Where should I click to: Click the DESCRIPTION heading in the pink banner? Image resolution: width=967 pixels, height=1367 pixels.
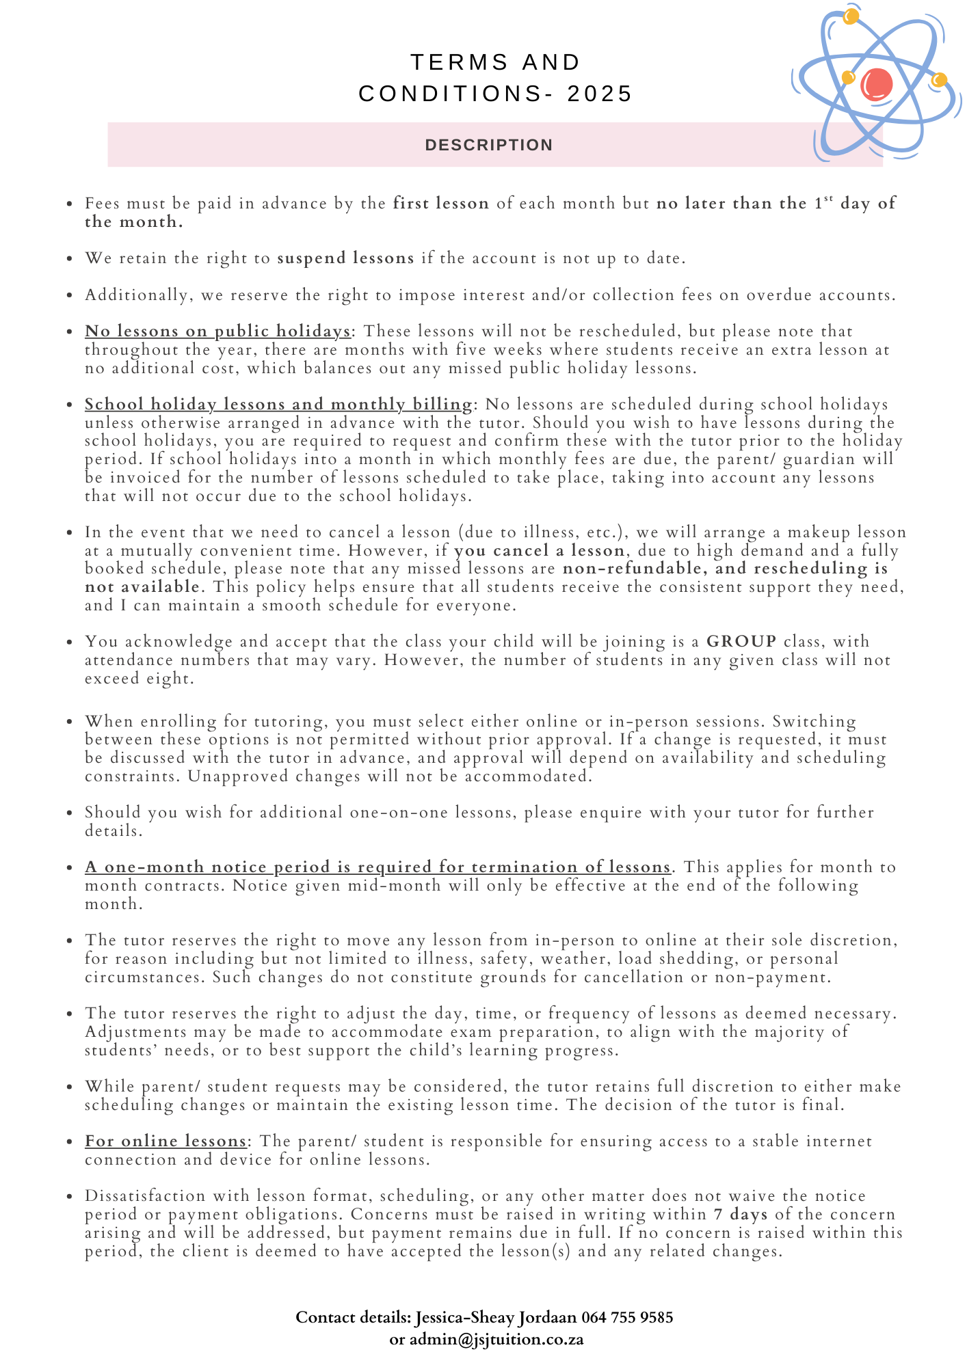[489, 145]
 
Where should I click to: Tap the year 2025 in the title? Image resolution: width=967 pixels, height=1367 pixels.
[600, 94]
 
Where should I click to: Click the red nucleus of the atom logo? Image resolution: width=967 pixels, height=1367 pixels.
[876, 84]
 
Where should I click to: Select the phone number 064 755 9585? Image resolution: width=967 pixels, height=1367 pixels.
[627, 1317]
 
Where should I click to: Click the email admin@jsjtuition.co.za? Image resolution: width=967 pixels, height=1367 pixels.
[496, 1339]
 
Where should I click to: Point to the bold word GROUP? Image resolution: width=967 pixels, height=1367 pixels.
[741, 641]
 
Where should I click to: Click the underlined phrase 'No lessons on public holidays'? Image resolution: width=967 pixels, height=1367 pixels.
[217, 331]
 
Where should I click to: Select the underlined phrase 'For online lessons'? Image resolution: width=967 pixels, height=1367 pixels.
[165, 1141]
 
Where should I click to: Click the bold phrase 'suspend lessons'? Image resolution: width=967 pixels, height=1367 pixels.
[345, 258]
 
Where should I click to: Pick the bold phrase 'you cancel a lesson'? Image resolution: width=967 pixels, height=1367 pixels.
[539, 550]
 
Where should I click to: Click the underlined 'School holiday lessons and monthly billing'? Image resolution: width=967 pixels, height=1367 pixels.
[278, 405]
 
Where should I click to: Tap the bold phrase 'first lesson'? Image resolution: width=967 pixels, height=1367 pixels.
[441, 204]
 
